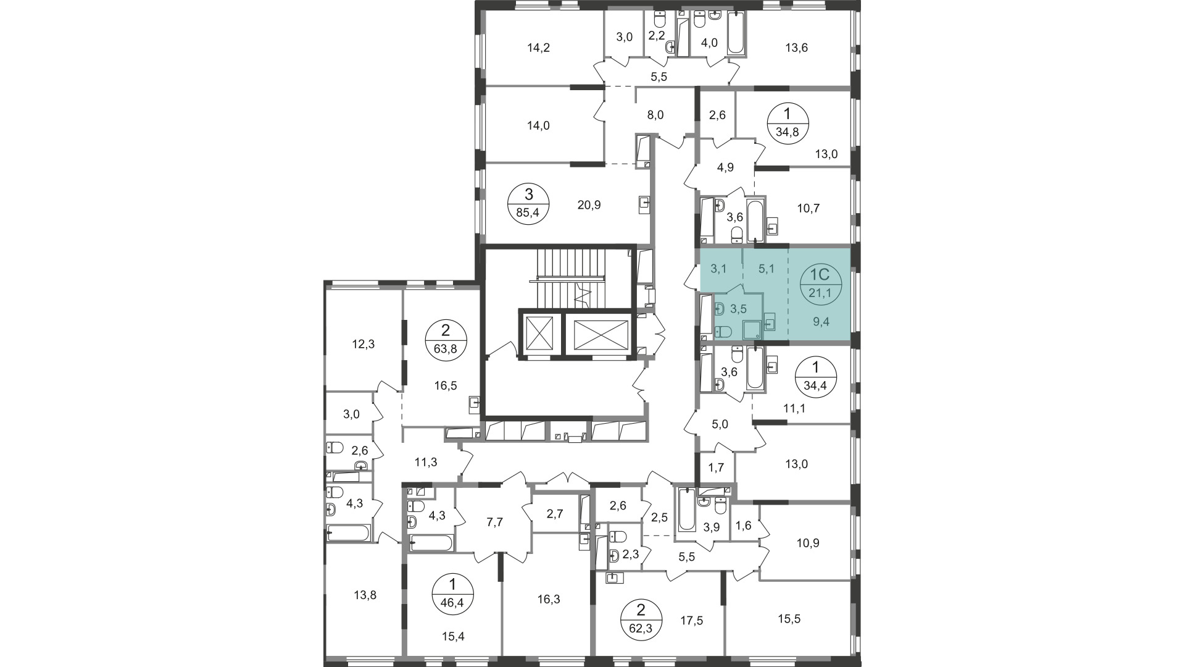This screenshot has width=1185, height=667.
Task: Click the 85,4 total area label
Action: pyautogui.click(x=528, y=215)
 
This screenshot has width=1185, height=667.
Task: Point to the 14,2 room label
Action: pyautogui.click(x=538, y=48)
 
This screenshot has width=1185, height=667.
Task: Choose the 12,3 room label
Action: pyautogui.click(x=363, y=345)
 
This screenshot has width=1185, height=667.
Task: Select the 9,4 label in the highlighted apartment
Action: pyautogui.click(x=820, y=322)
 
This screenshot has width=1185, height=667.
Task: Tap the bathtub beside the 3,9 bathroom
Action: pyautogui.click(x=686, y=510)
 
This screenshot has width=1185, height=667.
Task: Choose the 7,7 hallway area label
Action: pyautogui.click(x=495, y=522)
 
